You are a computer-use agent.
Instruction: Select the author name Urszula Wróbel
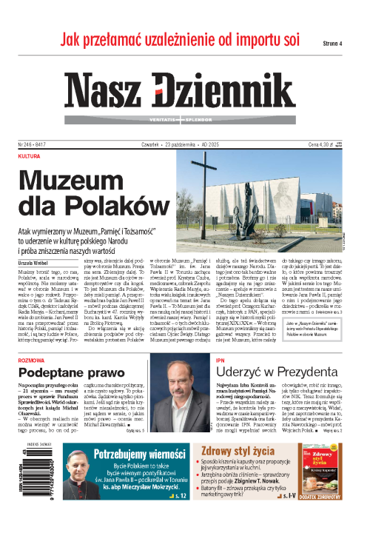coord(36,241)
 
